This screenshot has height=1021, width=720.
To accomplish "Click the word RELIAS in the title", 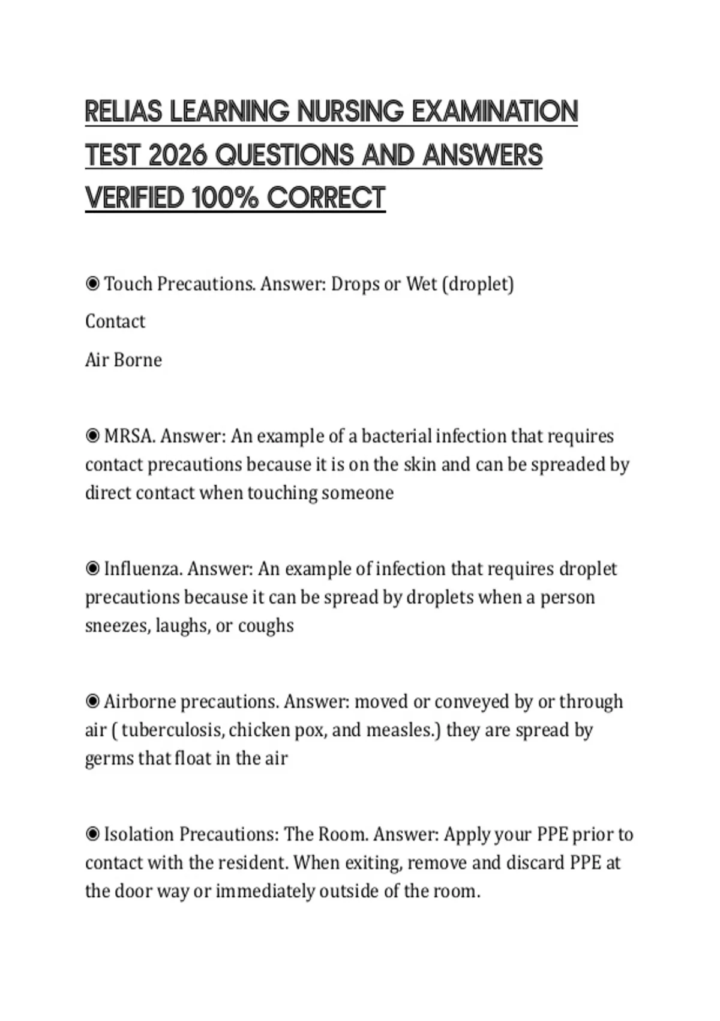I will coord(124,112).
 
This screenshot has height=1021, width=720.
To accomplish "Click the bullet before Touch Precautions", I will coord(92,283).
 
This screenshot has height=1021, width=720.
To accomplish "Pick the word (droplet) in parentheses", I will coord(478,283).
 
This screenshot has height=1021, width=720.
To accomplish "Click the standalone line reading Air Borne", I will coord(124,360).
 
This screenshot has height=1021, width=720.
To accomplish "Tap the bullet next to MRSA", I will coord(92,435).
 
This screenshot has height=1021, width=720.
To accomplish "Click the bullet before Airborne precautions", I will coord(92,701).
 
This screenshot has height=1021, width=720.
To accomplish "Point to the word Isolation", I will coord(139,834).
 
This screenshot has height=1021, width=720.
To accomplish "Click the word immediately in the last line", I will coord(265,891).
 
